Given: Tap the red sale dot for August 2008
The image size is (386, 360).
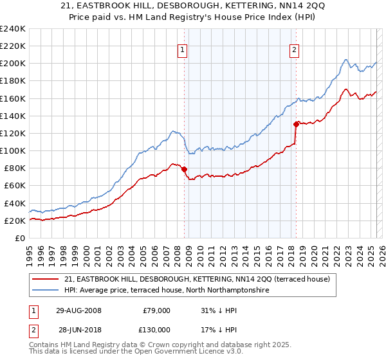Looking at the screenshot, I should click(185, 169).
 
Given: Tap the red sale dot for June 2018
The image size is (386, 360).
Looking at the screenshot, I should click(296, 125).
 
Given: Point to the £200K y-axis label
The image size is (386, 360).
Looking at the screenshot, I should click(13, 64).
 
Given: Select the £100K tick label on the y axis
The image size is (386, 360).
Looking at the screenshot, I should click(13, 150).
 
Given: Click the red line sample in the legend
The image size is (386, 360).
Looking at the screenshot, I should click(46, 279).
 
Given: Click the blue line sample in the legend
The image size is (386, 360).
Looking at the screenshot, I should click(46, 291).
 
